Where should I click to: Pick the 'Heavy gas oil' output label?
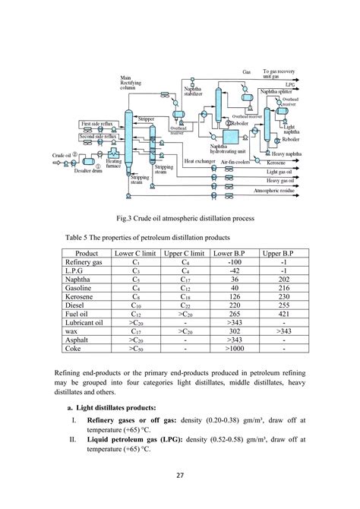click(x=279, y=181)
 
